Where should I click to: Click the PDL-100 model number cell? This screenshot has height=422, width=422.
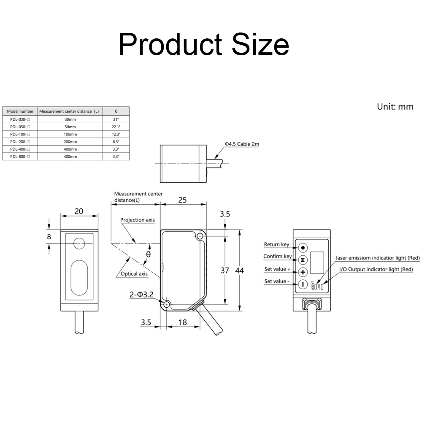[20, 134]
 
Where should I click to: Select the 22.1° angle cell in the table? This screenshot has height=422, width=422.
[116, 127]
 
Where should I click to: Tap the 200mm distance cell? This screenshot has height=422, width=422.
[70, 141]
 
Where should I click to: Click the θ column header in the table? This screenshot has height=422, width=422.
[116, 111]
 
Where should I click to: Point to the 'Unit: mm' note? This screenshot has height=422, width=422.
[395, 107]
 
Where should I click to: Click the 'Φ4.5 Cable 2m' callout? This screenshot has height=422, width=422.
[242, 144]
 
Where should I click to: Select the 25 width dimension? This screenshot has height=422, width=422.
[182, 200]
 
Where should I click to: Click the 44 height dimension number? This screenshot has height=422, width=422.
[239, 271]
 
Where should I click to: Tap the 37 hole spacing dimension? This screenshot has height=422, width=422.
[225, 271]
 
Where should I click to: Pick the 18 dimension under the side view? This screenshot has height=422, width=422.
[182, 322]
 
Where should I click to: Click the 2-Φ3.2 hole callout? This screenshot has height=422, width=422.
[141, 295]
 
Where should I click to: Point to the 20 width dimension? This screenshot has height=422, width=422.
[79, 211]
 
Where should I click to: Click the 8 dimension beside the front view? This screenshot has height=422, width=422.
[49, 237]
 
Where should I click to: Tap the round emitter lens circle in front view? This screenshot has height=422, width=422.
[79, 243]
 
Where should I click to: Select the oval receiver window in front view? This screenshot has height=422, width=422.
[79, 278]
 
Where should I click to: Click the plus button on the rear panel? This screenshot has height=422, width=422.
[303, 272]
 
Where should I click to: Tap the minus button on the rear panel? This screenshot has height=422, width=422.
[303, 284]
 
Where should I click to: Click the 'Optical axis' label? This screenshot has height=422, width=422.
[134, 274]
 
